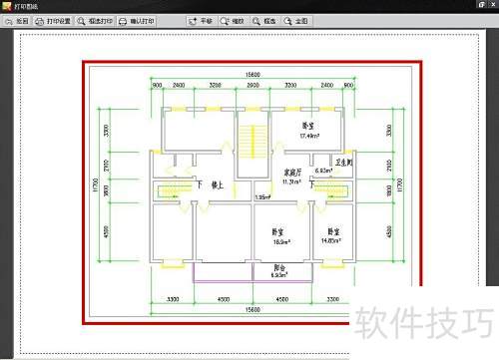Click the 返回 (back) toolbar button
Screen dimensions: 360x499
(x=16, y=20)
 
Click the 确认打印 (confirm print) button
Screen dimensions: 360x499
(x=136, y=20)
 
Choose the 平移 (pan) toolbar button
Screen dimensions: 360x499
(x=202, y=20)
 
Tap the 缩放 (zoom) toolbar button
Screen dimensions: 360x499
(x=233, y=20)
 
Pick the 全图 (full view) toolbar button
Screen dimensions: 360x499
(x=295, y=20)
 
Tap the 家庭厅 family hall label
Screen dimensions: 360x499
(x=265, y=173)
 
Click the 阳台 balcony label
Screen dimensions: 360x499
(x=280, y=266)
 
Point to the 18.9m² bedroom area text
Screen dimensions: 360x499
(x=281, y=242)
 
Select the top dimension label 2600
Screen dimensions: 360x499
(x=252, y=87)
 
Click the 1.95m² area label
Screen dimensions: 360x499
(x=261, y=197)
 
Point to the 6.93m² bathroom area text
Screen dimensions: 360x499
(x=324, y=173)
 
